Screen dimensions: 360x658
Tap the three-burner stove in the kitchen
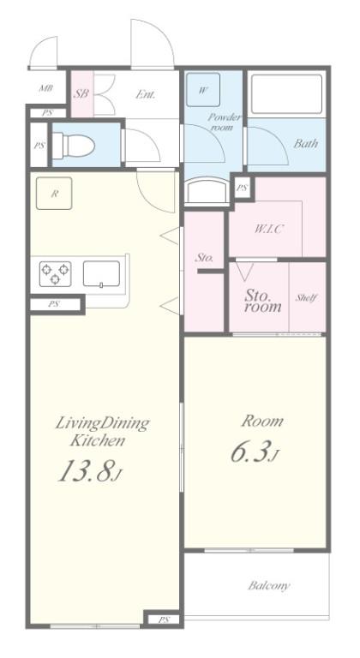point(55,273)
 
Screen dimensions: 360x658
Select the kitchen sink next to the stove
point(101,273)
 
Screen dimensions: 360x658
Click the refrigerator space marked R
point(54,193)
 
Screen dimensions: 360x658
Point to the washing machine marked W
point(203,89)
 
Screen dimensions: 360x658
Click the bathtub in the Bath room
point(287,94)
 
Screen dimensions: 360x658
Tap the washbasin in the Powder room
point(207,192)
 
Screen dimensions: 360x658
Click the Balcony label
point(269,585)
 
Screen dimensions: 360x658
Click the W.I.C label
point(269,229)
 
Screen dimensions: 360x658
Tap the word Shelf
point(306,297)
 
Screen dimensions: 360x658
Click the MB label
point(45,88)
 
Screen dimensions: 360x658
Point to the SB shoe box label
point(81,93)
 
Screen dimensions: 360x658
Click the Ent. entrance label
point(146,94)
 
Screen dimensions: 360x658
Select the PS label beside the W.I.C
point(242,188)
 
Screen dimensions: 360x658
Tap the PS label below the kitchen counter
point(53,304)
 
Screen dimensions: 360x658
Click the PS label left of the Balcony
point(164,619)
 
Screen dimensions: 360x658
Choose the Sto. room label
point(263,301)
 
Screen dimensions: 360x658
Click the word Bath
point(305,144)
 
